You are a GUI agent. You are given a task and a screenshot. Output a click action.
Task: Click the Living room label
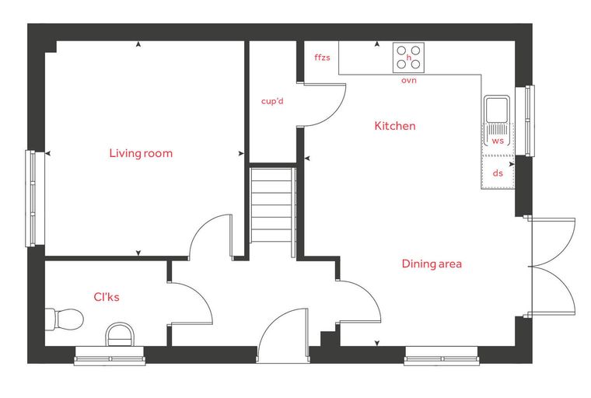(x=141, y=153)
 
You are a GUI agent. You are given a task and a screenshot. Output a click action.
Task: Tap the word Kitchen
(x=395, y=125)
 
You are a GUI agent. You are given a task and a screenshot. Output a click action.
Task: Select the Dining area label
(x=432, y=264)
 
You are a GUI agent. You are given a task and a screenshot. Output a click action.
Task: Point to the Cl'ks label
(x=107, y=297)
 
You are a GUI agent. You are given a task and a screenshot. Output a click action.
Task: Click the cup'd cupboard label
(x=272, y=101)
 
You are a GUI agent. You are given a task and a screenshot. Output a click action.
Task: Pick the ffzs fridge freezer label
(x=322, y=58)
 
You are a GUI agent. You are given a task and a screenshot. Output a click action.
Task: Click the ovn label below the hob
(x=409, y=80)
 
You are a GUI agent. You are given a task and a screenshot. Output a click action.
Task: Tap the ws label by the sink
(x=498, y=141)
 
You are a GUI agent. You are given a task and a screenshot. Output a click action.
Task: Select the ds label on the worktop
(x=498, y=173)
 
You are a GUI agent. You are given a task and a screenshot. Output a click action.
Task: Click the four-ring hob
(x=408, y=58)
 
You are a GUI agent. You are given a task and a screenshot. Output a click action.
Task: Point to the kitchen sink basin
(x=497, y=110)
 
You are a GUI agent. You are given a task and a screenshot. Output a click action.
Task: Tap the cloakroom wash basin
(x=120, y=334)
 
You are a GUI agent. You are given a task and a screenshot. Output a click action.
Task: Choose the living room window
(x=35, y=199)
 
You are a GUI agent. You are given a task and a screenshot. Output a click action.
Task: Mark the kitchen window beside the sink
(x=525, y=120)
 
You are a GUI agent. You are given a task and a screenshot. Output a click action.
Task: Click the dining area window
(x=442, y=356)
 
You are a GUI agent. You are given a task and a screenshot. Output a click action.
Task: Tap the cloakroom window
(x=110, y=356)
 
